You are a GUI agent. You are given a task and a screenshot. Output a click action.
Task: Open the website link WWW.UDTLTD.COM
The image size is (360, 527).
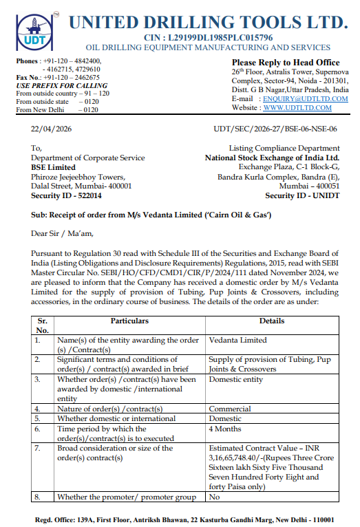[x=297, y=108]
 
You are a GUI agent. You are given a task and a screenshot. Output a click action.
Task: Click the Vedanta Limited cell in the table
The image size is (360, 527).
[x=237, y=340]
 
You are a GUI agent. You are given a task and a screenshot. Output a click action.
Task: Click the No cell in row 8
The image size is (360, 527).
[x=214, y=497]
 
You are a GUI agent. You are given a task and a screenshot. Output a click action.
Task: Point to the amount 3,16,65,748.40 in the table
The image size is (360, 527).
[x=241, y=458]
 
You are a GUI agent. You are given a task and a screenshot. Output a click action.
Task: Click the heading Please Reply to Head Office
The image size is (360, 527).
[x=285, y=63]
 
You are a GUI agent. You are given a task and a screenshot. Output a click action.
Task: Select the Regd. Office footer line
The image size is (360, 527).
[x=185, y=519]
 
